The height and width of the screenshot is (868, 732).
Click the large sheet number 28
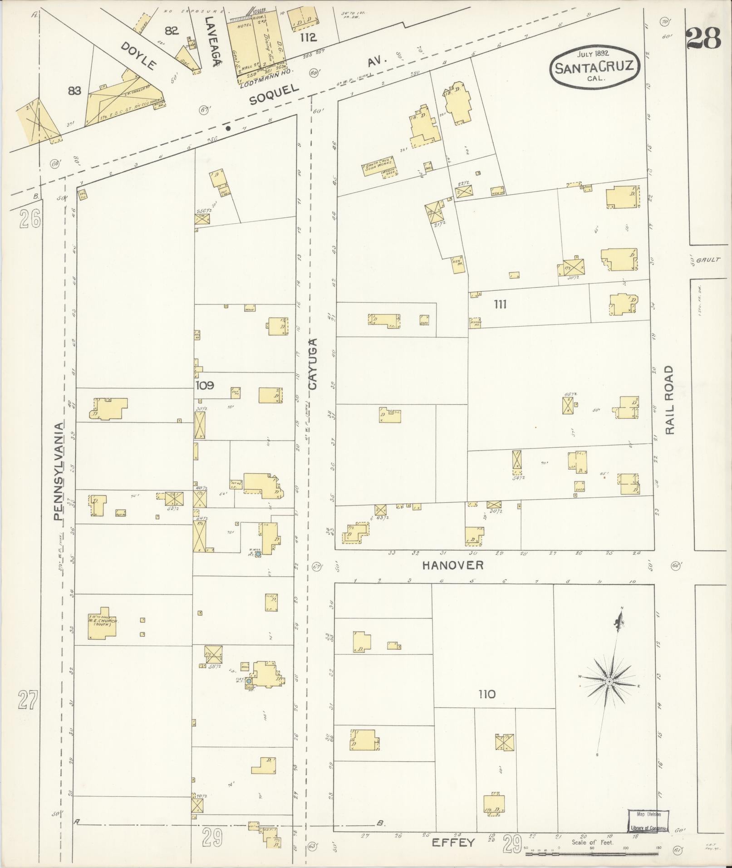[x=703, y=39]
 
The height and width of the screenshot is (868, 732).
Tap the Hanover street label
[x=453, y=565]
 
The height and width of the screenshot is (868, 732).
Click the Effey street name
[x=452, y=843]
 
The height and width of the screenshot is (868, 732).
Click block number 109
[x=205, y=386]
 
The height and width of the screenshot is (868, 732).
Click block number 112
[x=308, y=38]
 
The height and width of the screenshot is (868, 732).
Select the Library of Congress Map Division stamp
[x=648, y=820]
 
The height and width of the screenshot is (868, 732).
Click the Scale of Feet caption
[x=592, y=842]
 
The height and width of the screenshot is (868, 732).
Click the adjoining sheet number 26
[x=30, y=219]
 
